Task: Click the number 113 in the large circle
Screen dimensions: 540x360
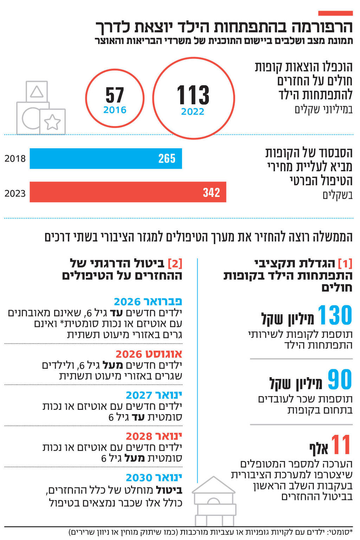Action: [x=193, y=95]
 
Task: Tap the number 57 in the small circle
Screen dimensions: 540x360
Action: [x=115, y=95]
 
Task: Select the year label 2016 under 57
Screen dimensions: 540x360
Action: [x=115, y=110]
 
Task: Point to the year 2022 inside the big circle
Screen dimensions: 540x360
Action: [x=193, y=112]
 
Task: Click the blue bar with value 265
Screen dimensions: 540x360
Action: [x=105, y=159]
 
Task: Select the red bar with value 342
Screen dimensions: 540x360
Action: [x=127, y=192]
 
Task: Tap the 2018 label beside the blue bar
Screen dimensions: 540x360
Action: [x=15, y=159]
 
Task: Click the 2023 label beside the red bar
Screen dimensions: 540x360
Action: [x=15, y=193]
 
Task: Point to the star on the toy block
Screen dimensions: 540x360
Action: [x=52, y=122]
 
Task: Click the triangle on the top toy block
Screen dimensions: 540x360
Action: [x=37, y=92]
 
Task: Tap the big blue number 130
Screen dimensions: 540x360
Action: [x=334, y=315]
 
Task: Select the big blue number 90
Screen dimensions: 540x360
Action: [x=340, y=380]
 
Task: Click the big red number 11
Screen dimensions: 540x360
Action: [x=341, y=445]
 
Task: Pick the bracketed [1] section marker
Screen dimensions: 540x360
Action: [x=345, y=263]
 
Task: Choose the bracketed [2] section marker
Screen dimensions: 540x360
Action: [x=175, y=263]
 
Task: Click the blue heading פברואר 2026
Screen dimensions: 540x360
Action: [x=148, y=302]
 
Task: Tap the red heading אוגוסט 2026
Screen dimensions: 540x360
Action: [x=149, y=354]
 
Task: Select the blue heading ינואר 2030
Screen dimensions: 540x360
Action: [x=154, y=477]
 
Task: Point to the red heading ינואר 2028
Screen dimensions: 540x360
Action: [x=154, y=436]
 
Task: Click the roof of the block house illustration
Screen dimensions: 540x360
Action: [x=213, y=486]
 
